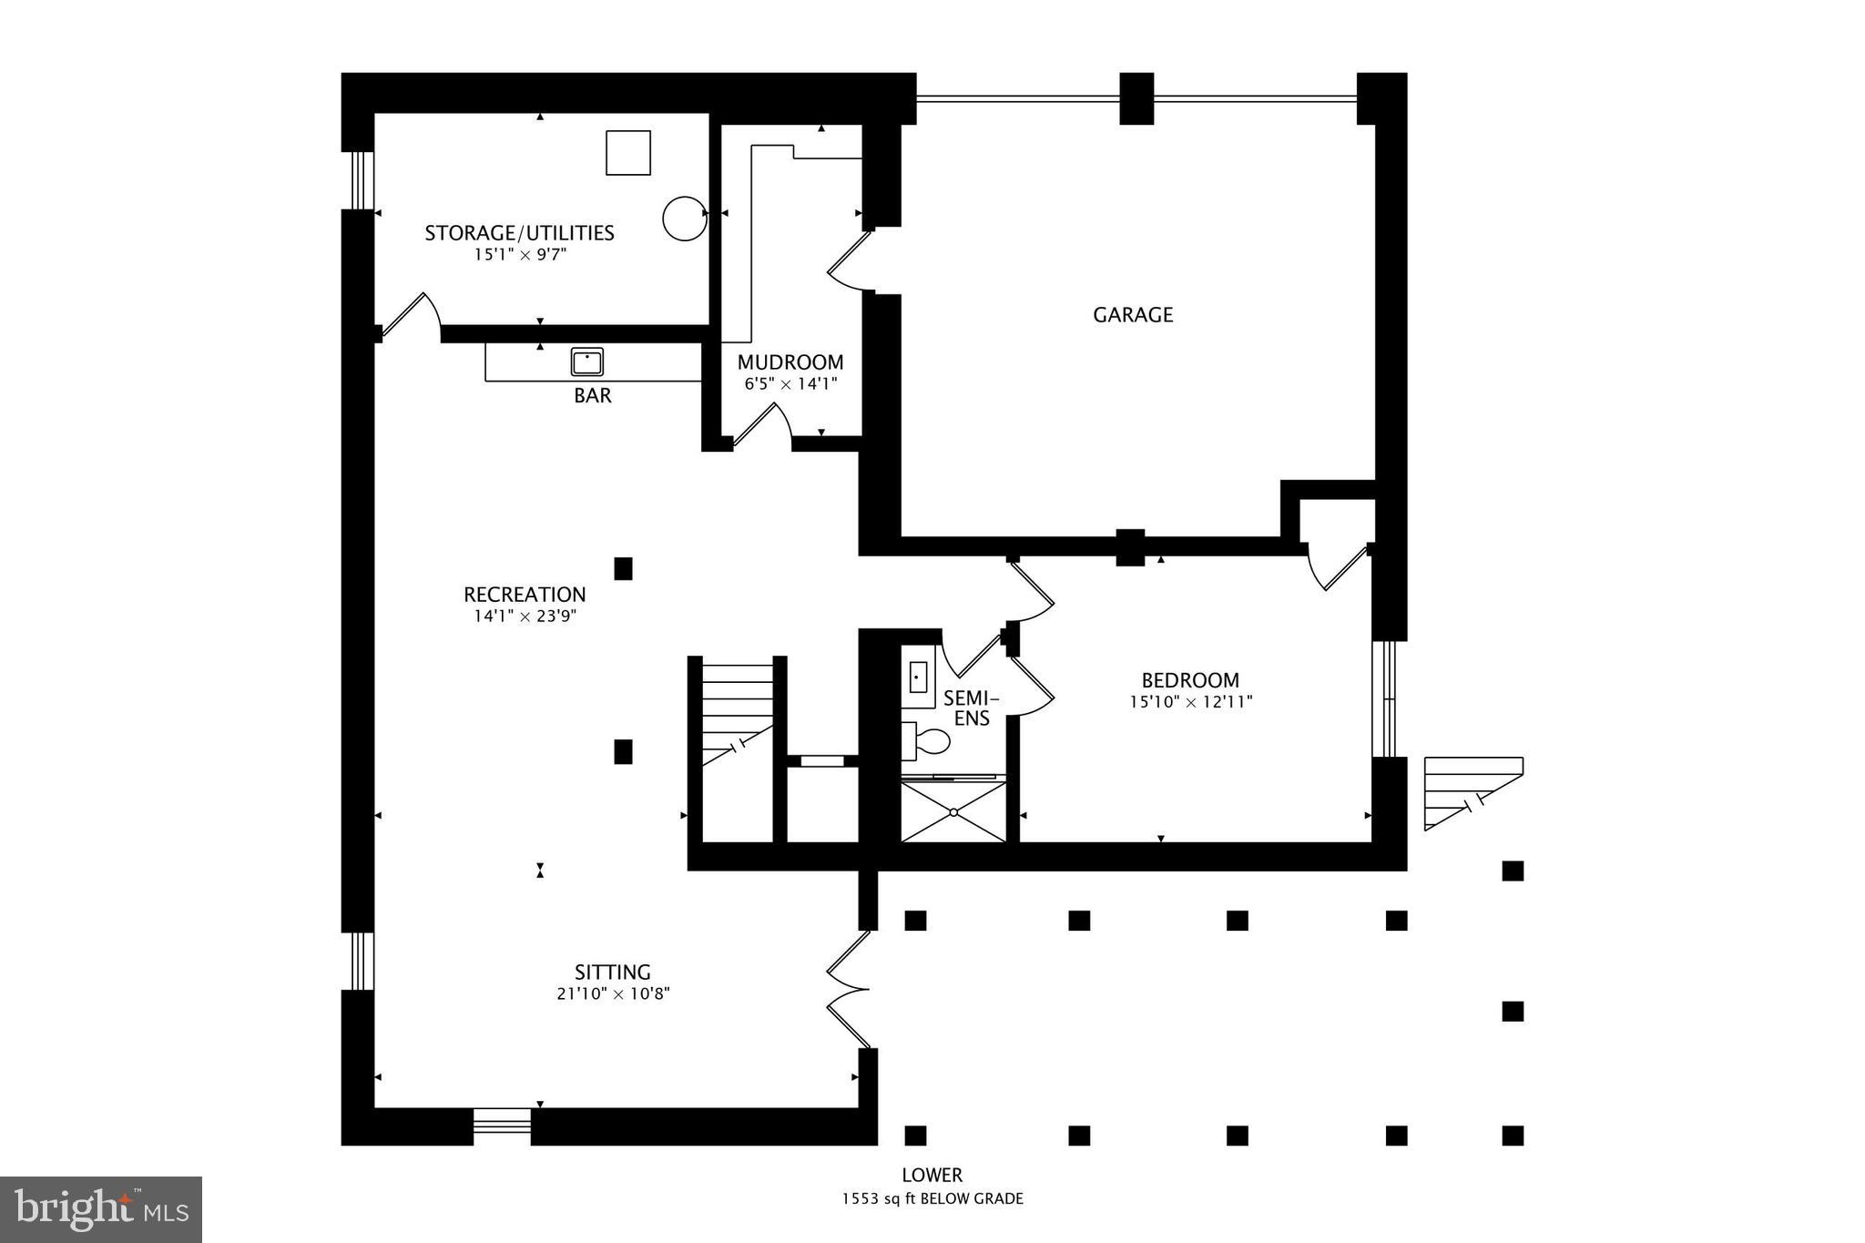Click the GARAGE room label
pos(1132,315)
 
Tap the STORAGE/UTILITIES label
pos(519,233)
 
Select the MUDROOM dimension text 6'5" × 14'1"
pos(790,384)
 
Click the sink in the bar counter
pos(587,362)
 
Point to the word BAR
pos(592,396)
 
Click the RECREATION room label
pos(525,595)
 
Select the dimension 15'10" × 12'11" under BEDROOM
pos(1190,702)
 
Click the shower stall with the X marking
pos(953,811)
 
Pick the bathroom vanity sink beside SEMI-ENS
pos(918,678)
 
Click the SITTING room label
pos(612,972)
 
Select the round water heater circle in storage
pos(684,219)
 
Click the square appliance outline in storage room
pos(628,152)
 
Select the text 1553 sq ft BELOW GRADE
pos(932,1198)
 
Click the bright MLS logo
pos(100,1209)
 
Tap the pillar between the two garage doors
pos(1136,98)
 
